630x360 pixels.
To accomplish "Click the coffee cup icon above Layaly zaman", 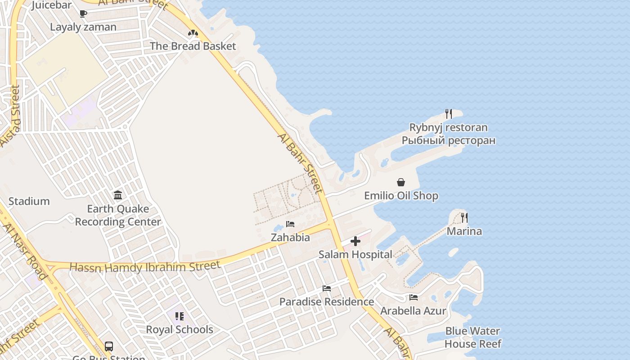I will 83,13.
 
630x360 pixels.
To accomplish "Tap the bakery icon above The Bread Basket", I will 193,33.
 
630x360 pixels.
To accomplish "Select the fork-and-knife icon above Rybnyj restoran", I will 448,113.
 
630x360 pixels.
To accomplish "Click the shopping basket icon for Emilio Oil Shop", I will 400,182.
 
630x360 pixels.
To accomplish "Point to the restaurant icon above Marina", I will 464,218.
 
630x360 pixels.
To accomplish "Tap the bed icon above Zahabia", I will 290,224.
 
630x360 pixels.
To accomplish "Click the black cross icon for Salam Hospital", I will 355,241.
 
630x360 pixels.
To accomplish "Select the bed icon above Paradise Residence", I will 327,288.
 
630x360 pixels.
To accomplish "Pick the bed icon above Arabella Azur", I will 413,297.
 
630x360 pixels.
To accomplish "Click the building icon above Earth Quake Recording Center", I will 118,195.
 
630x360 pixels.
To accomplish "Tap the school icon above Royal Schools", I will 180,316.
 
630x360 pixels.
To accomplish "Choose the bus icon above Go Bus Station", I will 109,346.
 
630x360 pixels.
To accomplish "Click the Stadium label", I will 29,201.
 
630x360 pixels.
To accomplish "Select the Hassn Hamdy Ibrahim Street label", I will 145,267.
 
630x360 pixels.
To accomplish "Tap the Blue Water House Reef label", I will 472,337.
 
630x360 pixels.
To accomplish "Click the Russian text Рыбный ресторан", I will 449,140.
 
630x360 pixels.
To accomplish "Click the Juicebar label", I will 51,5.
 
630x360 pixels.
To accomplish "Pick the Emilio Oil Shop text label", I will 401,196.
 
